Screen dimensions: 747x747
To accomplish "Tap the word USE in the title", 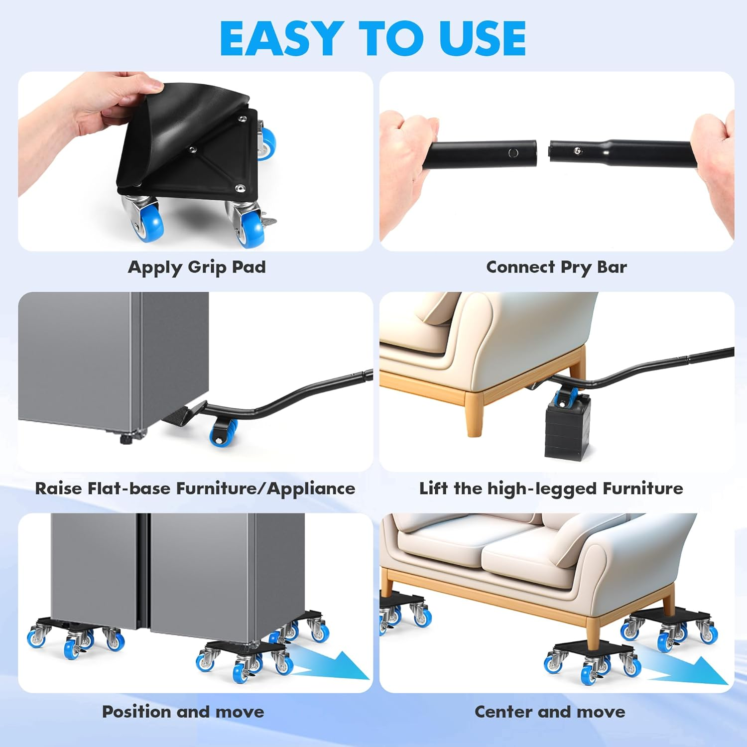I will (x=482, y=38).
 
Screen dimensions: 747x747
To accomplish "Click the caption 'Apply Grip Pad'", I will (x=197, y=267).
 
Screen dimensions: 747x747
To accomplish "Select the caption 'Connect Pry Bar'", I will (x=556, y=267).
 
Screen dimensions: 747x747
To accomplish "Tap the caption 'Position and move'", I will (x=183, y=712).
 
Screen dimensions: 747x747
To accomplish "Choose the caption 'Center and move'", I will (x=550, y=712).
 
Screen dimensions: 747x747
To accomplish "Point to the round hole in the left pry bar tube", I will (x=513, y=153).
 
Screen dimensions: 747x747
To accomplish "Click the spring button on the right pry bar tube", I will (x=577, y=151).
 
